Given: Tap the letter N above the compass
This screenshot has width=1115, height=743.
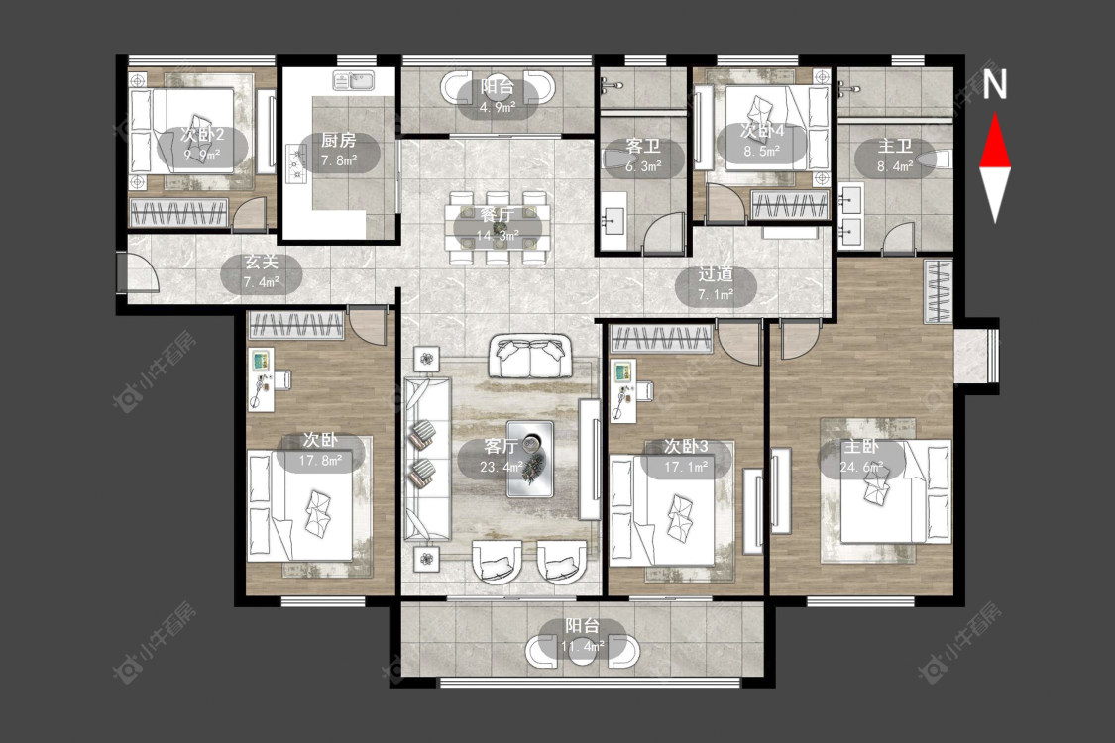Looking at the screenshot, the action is (x=995, y=84).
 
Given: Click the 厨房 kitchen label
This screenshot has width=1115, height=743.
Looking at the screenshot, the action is (x=339, y=140).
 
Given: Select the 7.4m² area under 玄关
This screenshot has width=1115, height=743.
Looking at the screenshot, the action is (x=262, y=282).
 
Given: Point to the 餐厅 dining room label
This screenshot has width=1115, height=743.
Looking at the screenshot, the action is (x=498, y=214).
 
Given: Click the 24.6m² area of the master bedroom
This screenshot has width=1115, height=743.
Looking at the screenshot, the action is (x=861, y=468).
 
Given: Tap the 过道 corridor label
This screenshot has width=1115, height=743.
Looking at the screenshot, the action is (x=716, y=273).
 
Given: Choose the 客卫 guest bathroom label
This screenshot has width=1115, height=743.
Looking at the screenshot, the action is (x=643, y=147).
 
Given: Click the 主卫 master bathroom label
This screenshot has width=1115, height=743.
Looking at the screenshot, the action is (x=895, y=147).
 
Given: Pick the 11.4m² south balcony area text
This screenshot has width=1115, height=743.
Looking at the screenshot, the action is (x=583, y=646).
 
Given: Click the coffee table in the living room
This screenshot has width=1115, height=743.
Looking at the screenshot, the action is (x=530, y=459).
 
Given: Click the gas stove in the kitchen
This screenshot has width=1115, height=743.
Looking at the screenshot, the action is (x=295, y=163).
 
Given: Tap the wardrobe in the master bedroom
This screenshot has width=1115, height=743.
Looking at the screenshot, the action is (x=938, y=291).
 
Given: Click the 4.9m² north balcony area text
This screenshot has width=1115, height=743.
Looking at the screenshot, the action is (x=498, y=108).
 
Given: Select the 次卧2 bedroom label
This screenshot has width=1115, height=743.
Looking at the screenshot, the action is (x=202, y=135).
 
